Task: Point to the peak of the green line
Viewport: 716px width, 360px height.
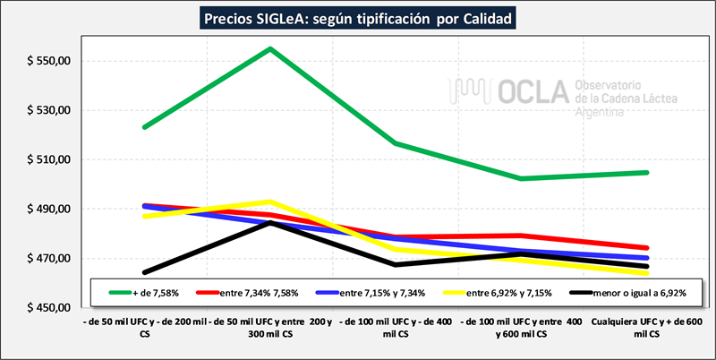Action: point(270,48)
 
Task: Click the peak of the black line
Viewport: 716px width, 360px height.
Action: point(270,222)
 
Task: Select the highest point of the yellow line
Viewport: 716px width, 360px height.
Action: point(270,201)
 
